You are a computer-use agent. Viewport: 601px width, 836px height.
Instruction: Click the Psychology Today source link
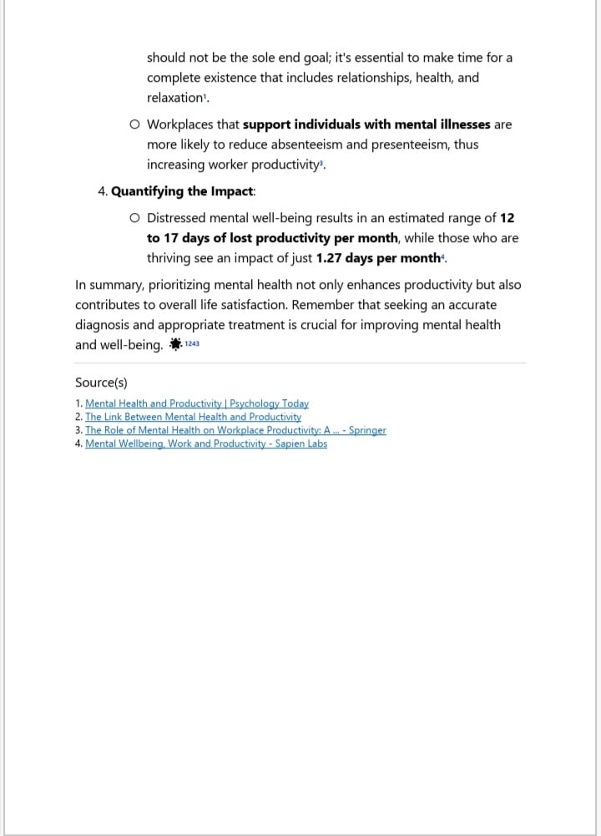coord(197,404)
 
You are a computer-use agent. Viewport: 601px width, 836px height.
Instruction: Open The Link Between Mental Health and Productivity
coord(193,417)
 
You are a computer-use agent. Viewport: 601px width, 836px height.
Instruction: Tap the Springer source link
coord(235,431)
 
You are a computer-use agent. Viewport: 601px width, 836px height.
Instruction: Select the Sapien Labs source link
coord(206,444)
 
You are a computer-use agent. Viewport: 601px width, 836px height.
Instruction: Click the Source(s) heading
coord(101,383)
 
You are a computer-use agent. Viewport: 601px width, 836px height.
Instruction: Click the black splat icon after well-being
coord(175,344)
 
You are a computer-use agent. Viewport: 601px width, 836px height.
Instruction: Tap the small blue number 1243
coord(192,344)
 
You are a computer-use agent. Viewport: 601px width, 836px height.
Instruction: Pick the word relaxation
coord(175,98)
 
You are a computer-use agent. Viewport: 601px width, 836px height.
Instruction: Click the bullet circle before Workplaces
coord(135,125)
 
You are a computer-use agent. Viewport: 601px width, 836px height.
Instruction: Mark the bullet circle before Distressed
coord(135,219)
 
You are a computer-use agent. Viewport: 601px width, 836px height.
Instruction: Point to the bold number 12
coord(507,218)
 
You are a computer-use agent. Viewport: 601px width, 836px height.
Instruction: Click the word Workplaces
coord(181,124)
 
